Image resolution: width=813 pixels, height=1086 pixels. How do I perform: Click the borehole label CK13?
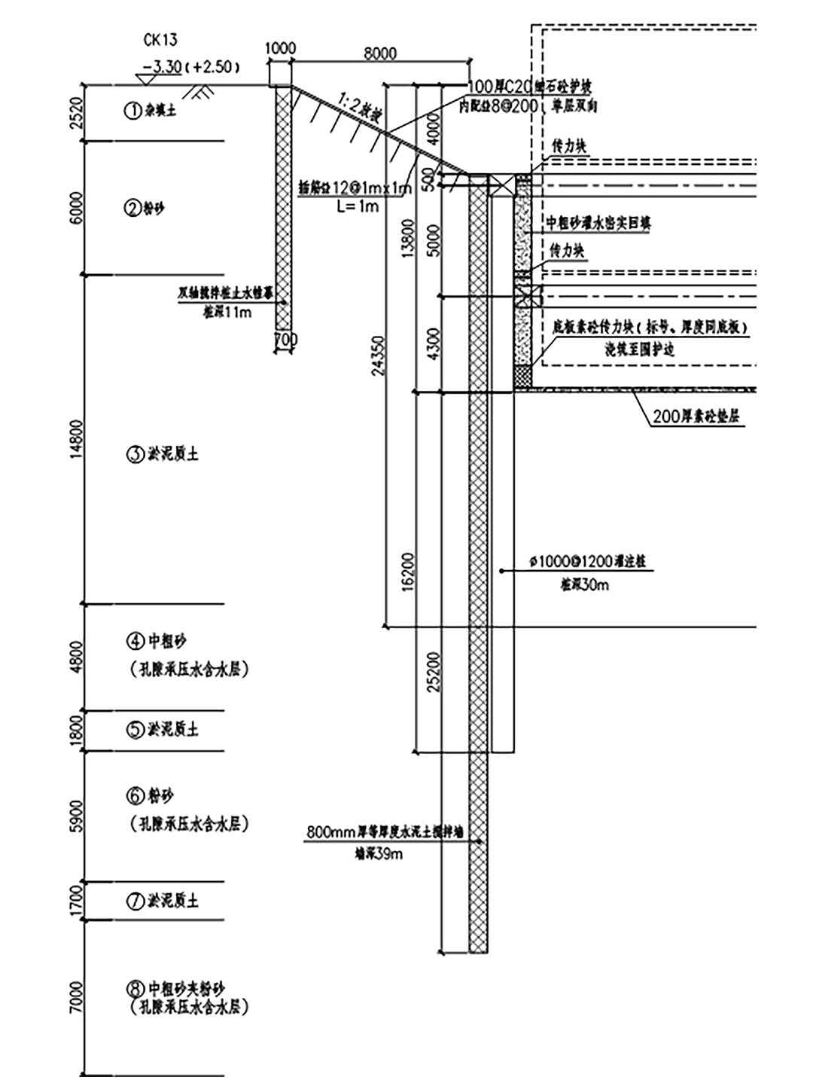click(x=160, y=41)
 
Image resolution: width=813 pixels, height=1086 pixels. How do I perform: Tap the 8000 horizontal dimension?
click(x=380, y=53)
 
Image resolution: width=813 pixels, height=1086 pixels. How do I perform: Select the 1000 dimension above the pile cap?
click(x=281, y=49)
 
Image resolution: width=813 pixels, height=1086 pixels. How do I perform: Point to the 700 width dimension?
click(x=285, y=340)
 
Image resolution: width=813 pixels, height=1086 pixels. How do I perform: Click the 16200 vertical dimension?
click(x=408, y=572)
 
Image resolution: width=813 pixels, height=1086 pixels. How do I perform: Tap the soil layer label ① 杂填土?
click(x=151, y=111)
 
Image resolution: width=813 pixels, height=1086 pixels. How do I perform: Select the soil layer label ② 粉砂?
click(x=144, y=208)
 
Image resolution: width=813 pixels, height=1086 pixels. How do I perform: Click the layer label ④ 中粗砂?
click(x=156, y=642)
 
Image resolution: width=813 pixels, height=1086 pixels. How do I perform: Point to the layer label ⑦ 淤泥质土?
click(x=162, y=901)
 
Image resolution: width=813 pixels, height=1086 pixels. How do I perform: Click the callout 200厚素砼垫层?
click(x=696, y=416)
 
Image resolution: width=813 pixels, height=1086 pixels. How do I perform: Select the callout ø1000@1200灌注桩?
click(x=587, y=562)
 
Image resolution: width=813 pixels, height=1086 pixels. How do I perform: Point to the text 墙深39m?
click(x=378, y=854)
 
